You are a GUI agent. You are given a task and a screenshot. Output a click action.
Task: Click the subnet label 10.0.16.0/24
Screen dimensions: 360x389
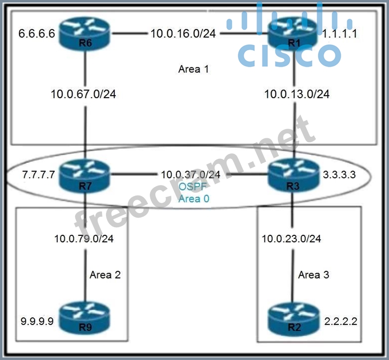click(x=183, y=34)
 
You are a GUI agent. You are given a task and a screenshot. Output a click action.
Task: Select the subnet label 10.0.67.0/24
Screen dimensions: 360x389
click(x=83, y=94)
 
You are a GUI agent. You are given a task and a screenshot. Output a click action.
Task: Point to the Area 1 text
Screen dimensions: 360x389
click(x=193, y=69)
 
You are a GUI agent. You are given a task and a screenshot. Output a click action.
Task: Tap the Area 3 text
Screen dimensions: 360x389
click(x=314, y=275)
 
